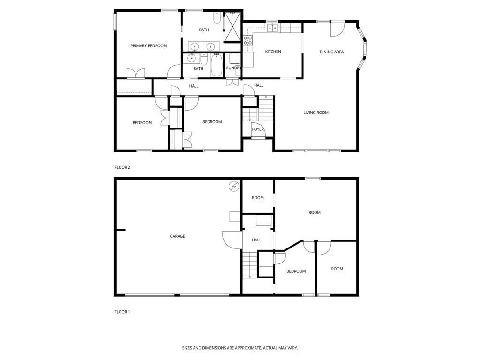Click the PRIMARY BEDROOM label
(x=149, y=46)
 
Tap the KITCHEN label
(x=273, y=52)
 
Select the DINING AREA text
(x=331, y=52)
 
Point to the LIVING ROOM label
(x=316, y=112)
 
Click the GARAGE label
(x=177, y=236)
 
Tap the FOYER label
(x=258, y=129)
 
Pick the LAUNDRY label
(x=233, y=68)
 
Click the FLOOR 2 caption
(x=122, y=167)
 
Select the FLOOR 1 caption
(x=122, y=312)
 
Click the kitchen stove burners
(x=248, y=40)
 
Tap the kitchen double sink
(x=273, y=28)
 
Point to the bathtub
(x=217, y=66)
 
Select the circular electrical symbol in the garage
(x=233, y=187)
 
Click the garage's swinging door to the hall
(x=231, y=240)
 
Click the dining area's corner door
(x=337, y=29)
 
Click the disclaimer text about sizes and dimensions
(x=240, y=348)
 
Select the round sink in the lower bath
(x=191, y=58)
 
